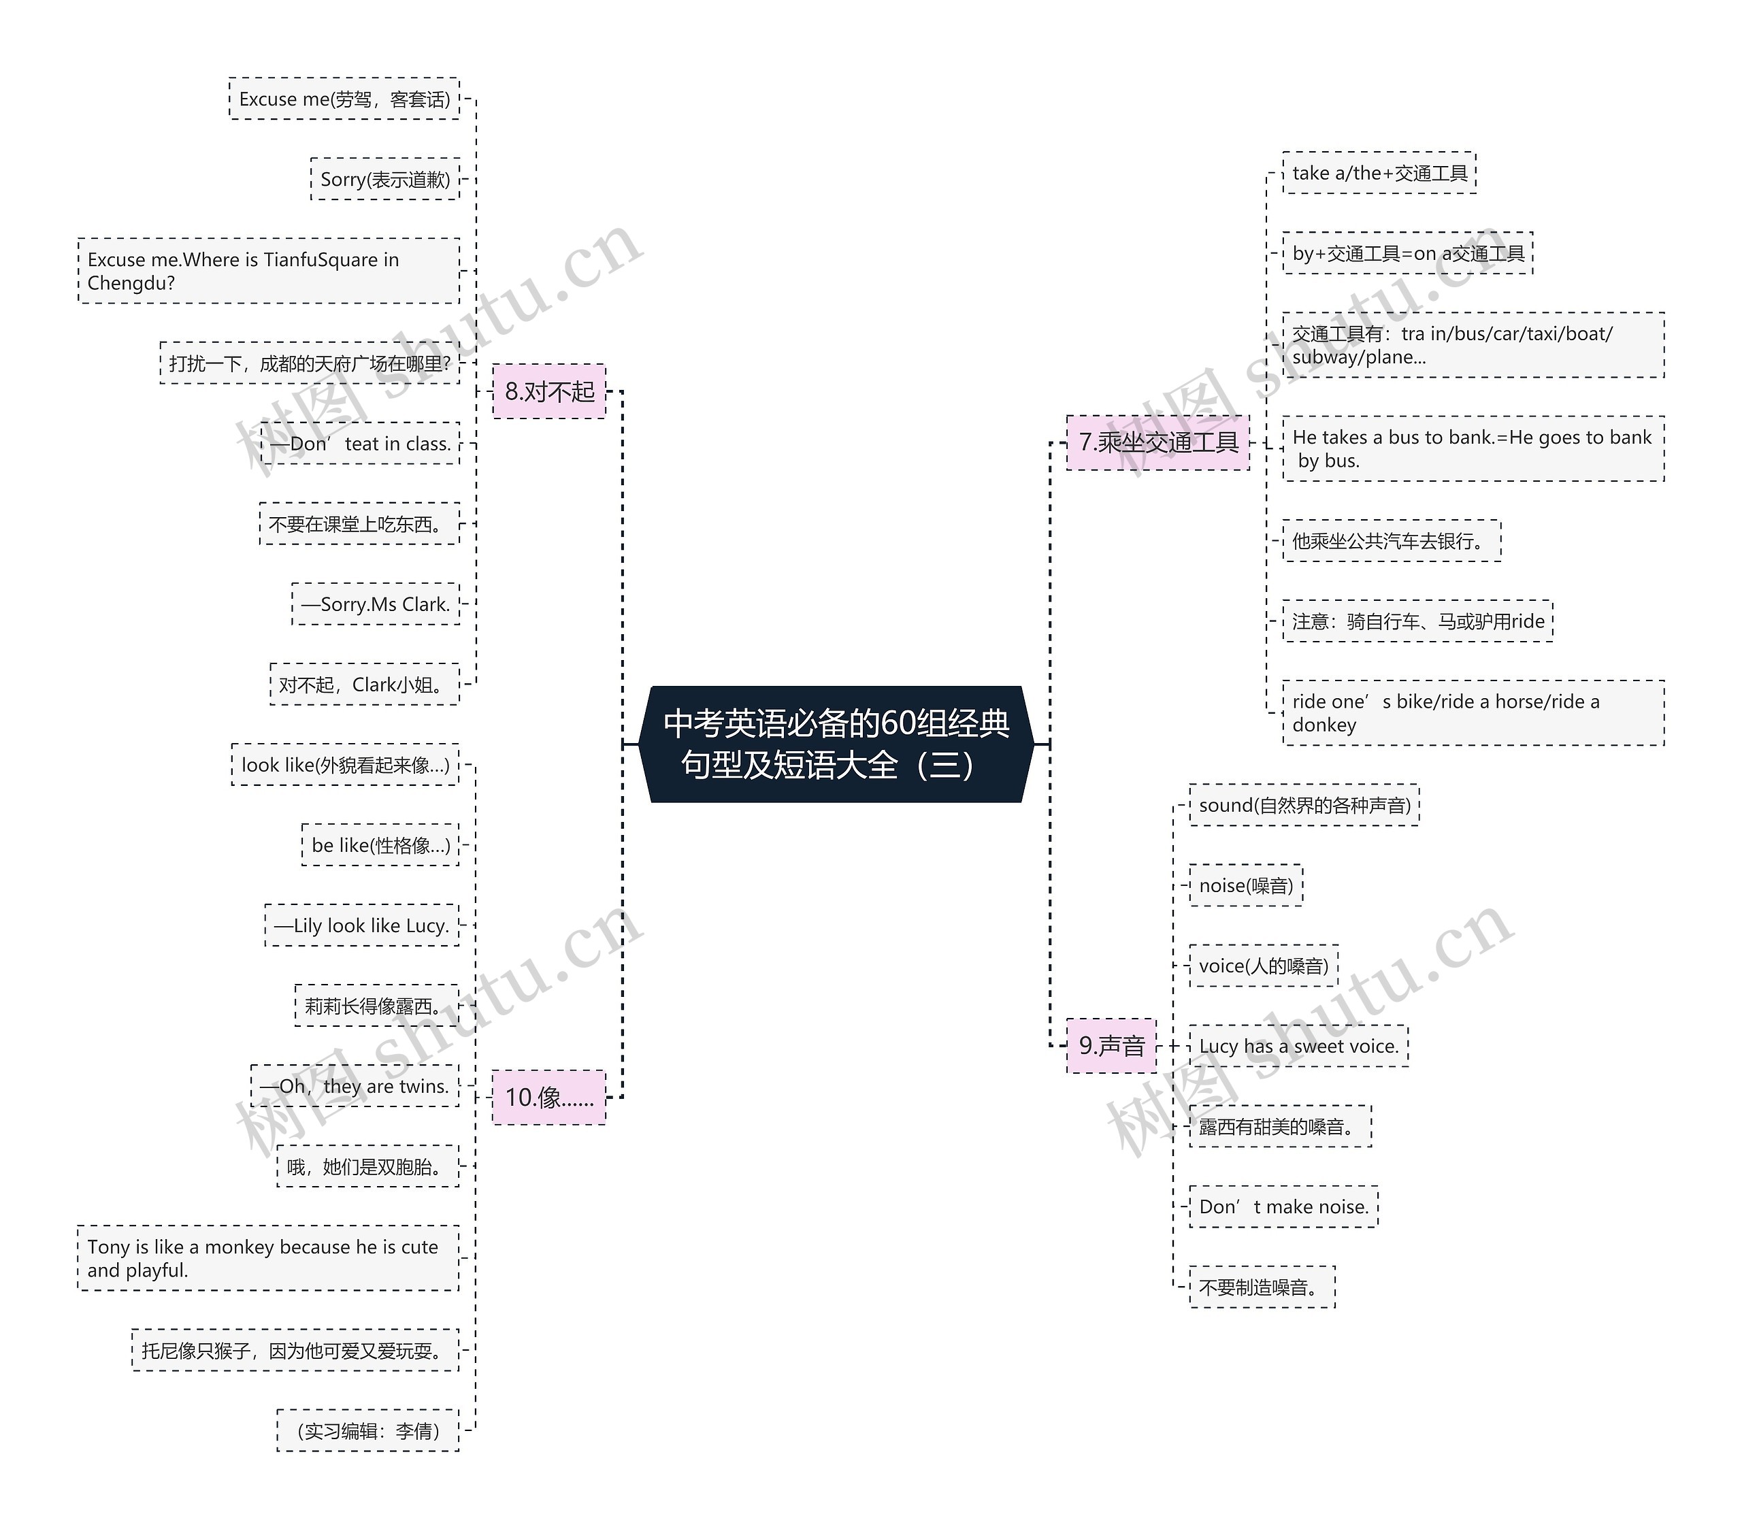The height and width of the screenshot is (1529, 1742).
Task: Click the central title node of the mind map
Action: (x=836, y=744)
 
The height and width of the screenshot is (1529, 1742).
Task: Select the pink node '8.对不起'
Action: (x=550, y=391)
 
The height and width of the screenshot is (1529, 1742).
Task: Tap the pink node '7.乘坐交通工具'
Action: (x=1158, y=442)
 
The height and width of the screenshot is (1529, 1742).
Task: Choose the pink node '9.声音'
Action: (x=1111, y=1046)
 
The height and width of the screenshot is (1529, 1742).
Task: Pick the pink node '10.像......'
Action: (x=550, y=1097)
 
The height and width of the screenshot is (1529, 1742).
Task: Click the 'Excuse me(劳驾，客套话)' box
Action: (x=344, y=99)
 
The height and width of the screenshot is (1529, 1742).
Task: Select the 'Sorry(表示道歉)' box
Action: (x=385, y=179)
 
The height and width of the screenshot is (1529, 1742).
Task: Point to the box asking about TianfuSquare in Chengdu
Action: (x=269, y=271)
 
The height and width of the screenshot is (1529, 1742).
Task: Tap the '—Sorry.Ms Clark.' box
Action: (x=376, y=604)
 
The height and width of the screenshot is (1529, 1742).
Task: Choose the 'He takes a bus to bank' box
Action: (x=1473, y=448)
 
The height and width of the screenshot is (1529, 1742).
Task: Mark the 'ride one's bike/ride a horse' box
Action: (x=1473, y=712)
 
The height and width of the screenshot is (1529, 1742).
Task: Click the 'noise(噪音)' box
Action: (x=1246, y=885)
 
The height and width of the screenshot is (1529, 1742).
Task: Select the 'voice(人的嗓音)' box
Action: (x=1264, y=966)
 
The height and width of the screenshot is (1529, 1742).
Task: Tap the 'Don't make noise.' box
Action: (x=1283, y=1207)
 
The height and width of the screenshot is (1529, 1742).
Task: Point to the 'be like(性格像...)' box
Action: (x=380, y=845)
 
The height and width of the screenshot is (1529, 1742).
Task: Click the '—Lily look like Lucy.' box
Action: (x=361, y=925)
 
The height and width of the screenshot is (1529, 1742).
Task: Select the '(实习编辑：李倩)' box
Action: (x=368, y=1431)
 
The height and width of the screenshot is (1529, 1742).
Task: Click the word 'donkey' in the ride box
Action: (x=1324, y=725)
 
